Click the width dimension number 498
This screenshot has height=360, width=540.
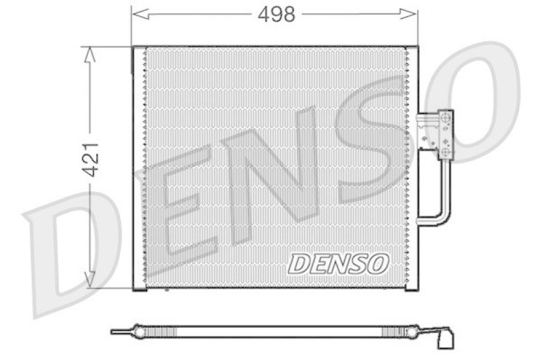pos(277,15)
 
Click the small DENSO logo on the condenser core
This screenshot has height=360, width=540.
pos(339,264)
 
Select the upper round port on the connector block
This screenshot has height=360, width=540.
pos(446,119)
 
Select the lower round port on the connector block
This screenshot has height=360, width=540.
pos(446,151)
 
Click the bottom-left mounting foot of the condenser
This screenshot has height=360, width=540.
pos(140,286)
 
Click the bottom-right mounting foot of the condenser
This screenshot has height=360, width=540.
pos(410,286)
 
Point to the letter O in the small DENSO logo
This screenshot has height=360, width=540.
pos(377,264)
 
